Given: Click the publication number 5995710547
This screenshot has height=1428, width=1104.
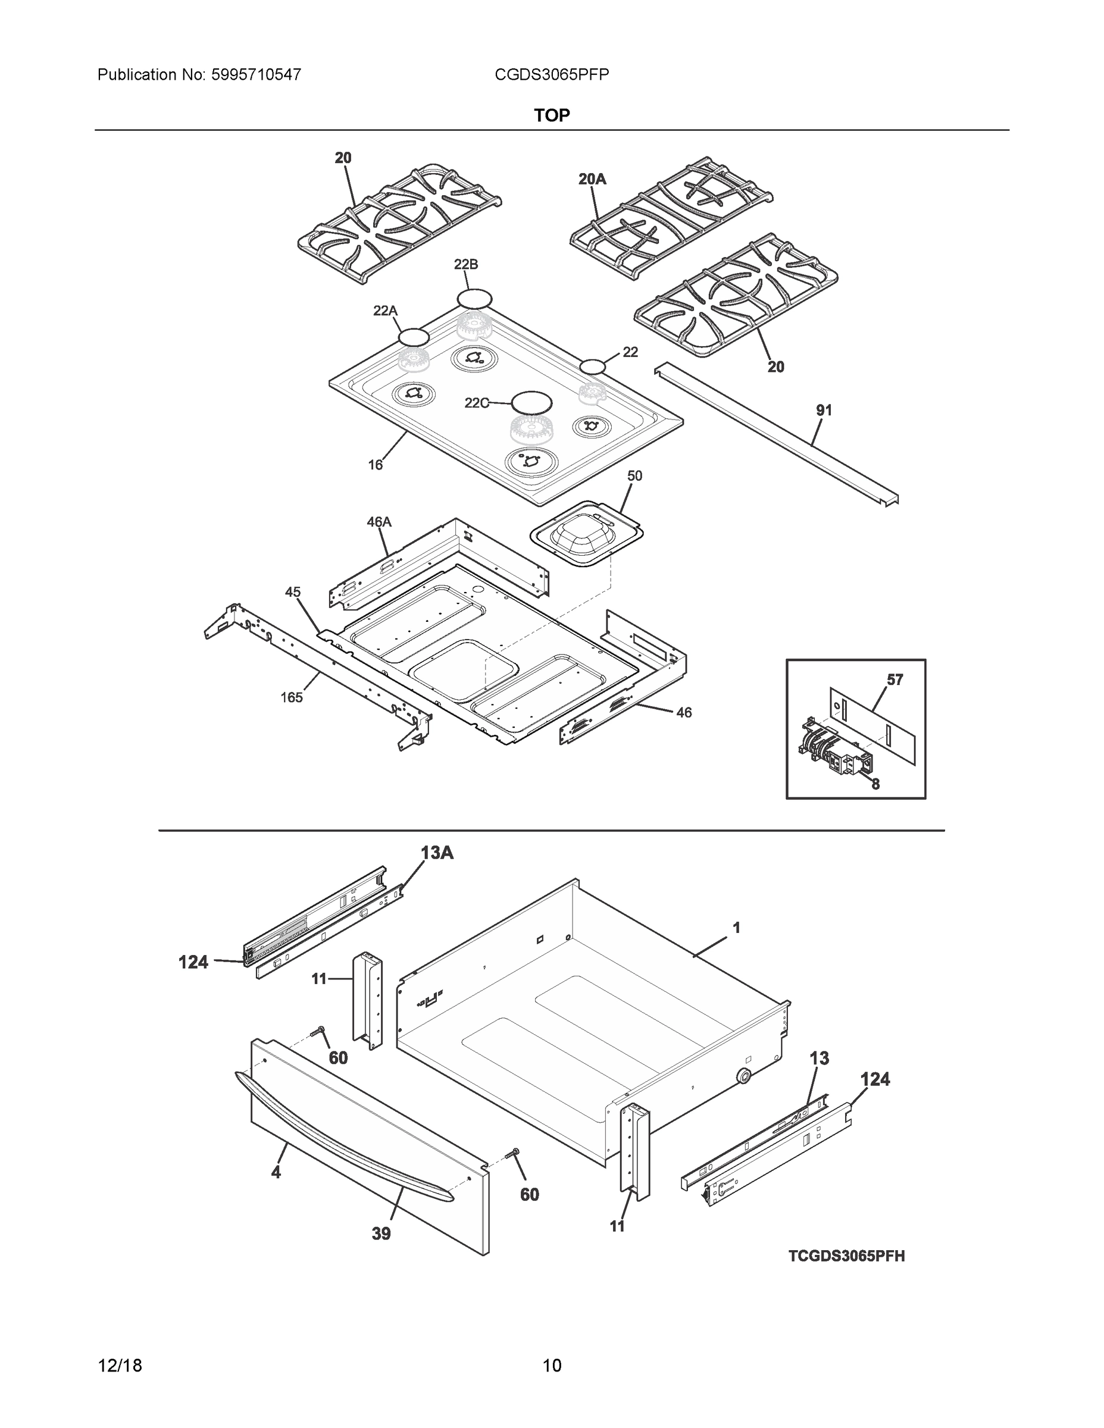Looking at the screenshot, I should pyautogui.click(x=256, y=74).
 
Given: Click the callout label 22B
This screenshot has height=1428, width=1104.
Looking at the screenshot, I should pyautogui.click(x=465, y=264).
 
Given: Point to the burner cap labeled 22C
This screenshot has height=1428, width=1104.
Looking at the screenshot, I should pyautogui.click(x=531, y=402).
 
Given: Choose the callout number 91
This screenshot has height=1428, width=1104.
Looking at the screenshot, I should pyautogui.click(x=824, y=410).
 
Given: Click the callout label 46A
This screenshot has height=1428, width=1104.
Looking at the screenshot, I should pyautogui.click(x=379, y=522).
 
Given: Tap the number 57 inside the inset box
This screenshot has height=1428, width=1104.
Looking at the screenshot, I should pyautogui.click(x=895, y=679).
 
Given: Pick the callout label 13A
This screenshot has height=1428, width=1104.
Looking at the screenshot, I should pyautogui.click(x=437, y=853).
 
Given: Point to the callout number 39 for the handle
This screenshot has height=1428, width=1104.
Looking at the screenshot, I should pyautogui.click(x=381, y=1233).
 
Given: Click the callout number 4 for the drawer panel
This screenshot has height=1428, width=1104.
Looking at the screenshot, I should pyautogui.click(x=276, y=1172).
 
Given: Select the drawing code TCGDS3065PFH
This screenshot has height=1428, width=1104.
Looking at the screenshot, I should pyautogui.click(x=846, y=1255).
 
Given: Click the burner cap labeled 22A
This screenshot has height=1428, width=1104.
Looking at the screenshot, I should pyautogui.click(x=414, y=337).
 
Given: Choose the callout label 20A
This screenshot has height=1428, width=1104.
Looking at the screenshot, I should pyautogui.click(x=592, y=178).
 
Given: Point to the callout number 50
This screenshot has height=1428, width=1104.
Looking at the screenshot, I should pyautogui.click(x=634, y=476).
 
